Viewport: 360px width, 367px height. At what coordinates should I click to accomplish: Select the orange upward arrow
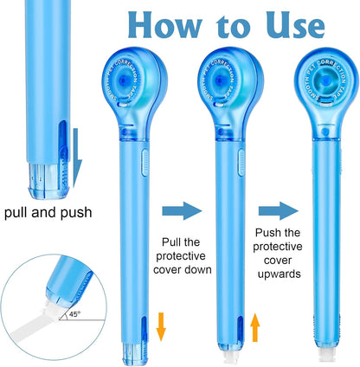pos(255,329)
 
